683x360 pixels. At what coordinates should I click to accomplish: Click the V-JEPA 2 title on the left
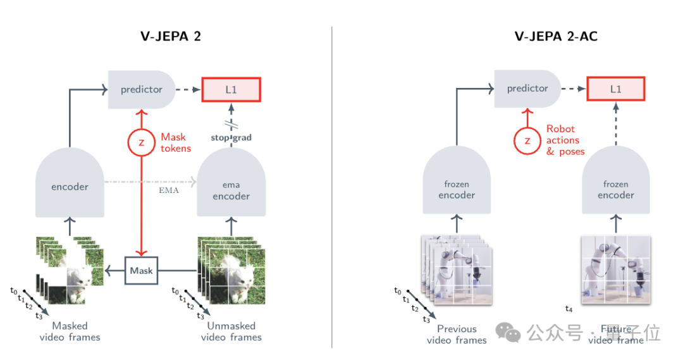[x=171, y=36]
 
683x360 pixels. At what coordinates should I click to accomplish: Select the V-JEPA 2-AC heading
[x=556, y=36]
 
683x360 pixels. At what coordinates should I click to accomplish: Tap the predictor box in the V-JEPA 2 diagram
[x=142, y=89]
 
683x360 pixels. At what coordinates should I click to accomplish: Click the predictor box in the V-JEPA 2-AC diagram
[x=527, y=89]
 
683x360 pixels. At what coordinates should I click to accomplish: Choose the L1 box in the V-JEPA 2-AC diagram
[x=615, y=89]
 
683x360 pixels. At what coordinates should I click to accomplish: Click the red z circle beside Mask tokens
[x=141, y=143]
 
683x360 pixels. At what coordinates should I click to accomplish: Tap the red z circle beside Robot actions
[x=527, y=140]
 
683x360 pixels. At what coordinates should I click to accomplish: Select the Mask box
[x=142, y=271]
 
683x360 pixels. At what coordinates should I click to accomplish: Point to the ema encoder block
[x=231, y=190]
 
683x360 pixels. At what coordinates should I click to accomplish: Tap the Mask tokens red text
[x=174, y=142]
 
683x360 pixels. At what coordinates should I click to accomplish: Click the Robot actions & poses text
[x=565, y=140]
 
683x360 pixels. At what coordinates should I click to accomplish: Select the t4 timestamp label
[x=568, y=309]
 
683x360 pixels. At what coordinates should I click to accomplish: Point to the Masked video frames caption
[x=70, y=332]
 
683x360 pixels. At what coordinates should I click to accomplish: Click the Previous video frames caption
[x=457, y=334]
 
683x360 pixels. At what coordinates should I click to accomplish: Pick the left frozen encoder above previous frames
[x=457, y=190]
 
